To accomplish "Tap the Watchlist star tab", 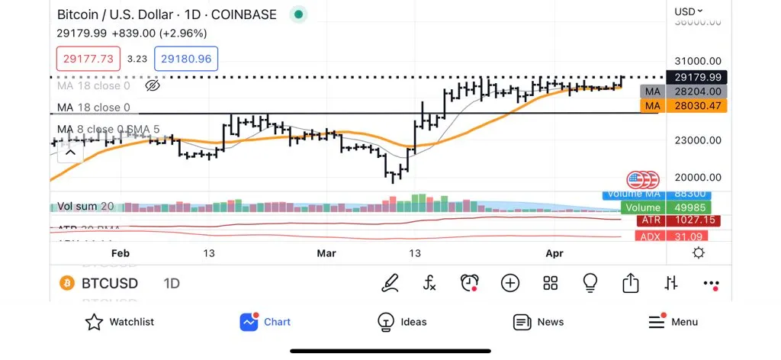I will [119, 322].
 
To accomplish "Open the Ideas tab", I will [402, 322].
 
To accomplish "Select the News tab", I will [538, 322].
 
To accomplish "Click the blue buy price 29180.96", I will [186, 58].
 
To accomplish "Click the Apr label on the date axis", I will [554, 253].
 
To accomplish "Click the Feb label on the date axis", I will [121, 253].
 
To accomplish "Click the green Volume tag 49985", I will [665, 207].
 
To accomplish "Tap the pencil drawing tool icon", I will [390, 284].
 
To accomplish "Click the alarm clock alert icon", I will [469, 284].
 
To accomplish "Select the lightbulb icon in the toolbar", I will [590, 283].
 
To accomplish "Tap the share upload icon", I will [630, 283].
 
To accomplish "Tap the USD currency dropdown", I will [689, 11].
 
